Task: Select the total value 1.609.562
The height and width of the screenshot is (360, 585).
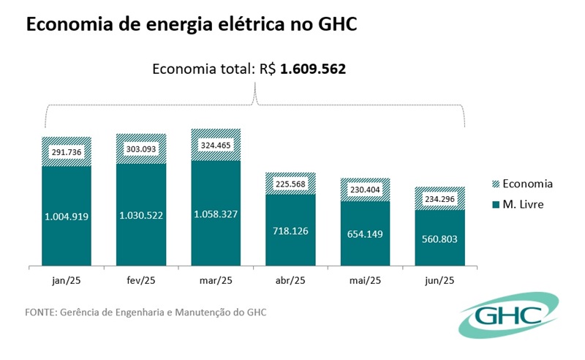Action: click(x=314, y=70)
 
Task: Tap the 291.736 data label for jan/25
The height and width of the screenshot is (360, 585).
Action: click(x=66, y=153)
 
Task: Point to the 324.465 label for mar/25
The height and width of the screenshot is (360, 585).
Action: click(x=216, y=145)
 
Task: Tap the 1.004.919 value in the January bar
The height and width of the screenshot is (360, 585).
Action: click(x=66, y=217)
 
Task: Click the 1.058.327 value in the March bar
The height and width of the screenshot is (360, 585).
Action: click(x=216, y=214)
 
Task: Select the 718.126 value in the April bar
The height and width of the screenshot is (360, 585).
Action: click(x=290, y=230)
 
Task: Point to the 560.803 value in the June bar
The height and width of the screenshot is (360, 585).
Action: click(x=439, y=239)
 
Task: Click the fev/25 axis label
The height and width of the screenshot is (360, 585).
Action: click(x=141, y=280)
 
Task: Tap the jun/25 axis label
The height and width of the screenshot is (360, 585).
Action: click(x=439, y=280)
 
